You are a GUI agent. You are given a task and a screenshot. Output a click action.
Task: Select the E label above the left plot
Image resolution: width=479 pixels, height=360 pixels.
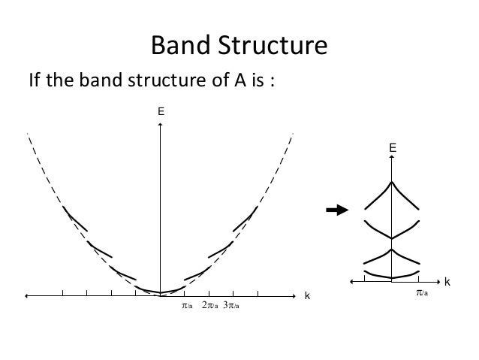tap(160, 112)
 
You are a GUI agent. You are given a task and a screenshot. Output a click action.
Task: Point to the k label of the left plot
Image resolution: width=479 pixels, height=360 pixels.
tap(306, 297)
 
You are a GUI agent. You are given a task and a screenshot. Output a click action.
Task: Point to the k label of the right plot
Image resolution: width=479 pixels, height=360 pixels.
tap(447, 282)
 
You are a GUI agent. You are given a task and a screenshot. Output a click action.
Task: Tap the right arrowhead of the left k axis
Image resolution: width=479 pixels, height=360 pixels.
tap(295, 296)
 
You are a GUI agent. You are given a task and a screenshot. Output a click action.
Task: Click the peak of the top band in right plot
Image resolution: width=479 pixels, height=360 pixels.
tap(391, 183)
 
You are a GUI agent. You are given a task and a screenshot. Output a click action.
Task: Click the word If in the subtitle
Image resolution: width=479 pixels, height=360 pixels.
tap(34, 81)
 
